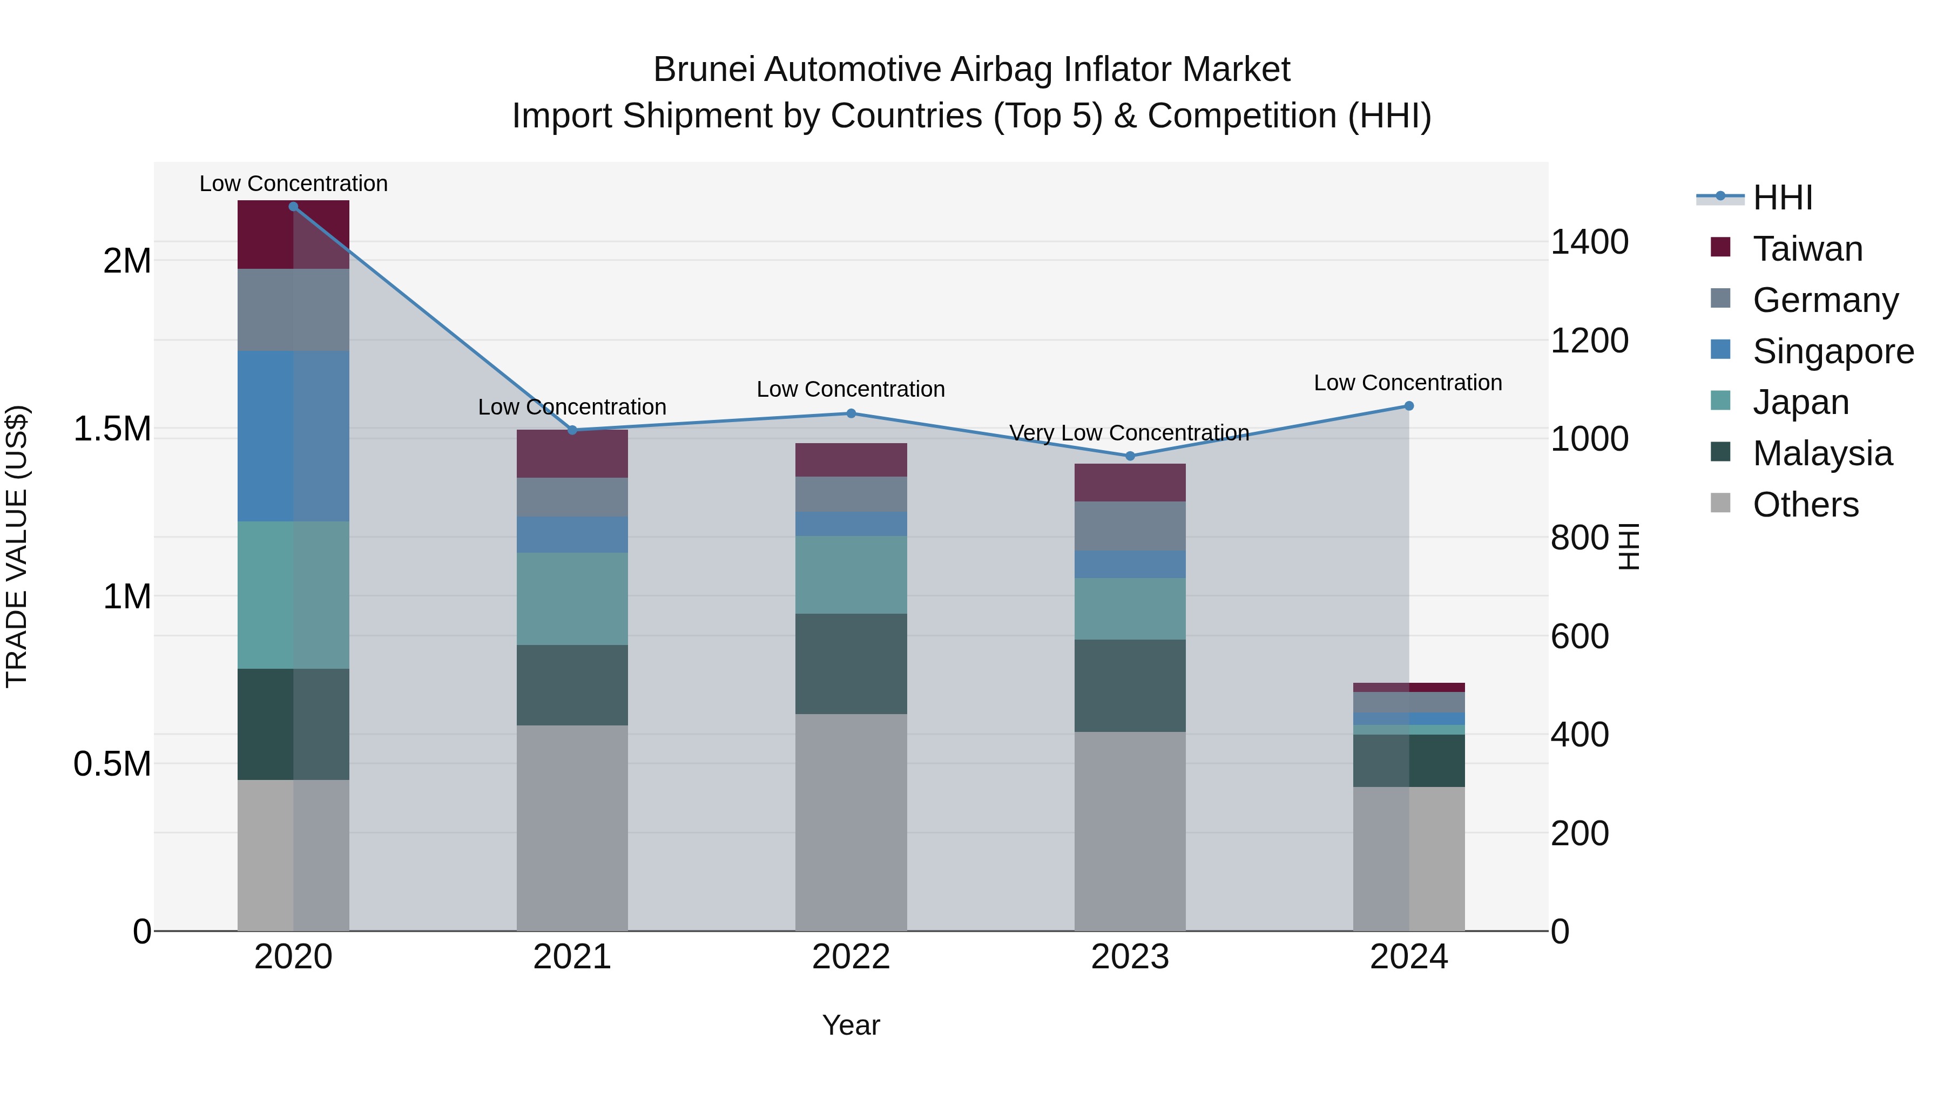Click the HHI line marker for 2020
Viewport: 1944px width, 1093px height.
(294, 207)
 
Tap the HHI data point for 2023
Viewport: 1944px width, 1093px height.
(1130, 456)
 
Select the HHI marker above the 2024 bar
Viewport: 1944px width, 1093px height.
(1408, 406)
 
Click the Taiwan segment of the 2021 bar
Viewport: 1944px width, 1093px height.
(572, 454)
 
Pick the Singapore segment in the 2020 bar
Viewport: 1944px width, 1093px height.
(294, 436)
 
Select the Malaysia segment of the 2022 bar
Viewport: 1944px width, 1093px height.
(850, 664)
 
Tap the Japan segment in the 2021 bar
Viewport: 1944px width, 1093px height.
(572, 599)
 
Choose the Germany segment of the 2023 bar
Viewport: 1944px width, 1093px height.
(1130, 526)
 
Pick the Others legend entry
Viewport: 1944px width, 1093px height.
(1805, 505)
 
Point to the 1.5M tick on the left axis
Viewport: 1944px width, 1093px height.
(112, 429)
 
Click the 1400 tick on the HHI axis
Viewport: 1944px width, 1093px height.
(1589, 242)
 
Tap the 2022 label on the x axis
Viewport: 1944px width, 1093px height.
(850, 957)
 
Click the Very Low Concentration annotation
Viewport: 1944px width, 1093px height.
(1129, 433)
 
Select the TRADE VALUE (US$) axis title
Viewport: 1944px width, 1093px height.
(17, 546)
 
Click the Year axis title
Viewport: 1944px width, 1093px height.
(850, 1025)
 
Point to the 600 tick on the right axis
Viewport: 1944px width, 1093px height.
(1579, 637)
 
